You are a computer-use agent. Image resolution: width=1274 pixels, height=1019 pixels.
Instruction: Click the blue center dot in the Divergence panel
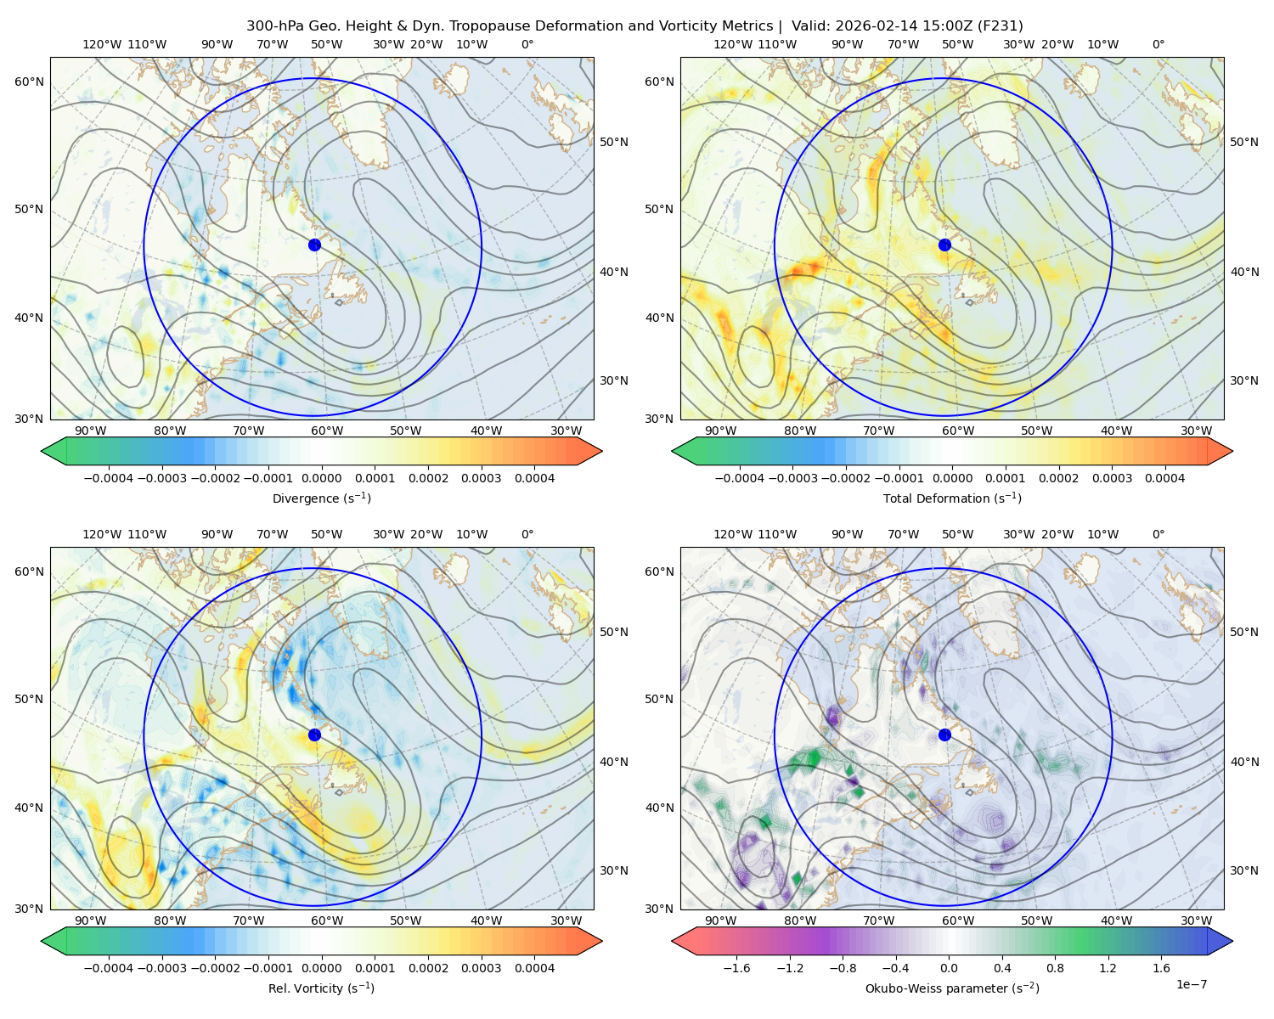pyautogui.click(x=314, y=245)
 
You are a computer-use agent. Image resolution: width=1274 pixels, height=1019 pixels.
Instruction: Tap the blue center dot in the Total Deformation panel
pyautogui.click(x=944, y=245)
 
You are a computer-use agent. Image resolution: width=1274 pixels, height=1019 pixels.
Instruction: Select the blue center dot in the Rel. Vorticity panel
pyautogui.click(x=314, y=735)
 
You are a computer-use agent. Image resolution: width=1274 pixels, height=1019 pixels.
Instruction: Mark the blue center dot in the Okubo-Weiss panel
pyautogui.click(x=944, y=735)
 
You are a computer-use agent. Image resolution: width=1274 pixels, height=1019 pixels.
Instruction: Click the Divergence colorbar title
pyautogui.click(x=321, y=498)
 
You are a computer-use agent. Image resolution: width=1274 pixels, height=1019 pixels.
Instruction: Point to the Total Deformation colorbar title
pyautogui.click(x=952, y=498)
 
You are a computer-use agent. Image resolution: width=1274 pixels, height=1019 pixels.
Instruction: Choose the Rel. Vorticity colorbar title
pyautogui.click(x=321, y=988)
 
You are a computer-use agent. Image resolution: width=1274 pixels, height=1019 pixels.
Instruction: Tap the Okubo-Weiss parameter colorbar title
pyautogui.click(x=952, y=988)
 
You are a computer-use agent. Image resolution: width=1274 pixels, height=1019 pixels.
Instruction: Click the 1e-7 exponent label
pyautogui.click(x=1192, y=984)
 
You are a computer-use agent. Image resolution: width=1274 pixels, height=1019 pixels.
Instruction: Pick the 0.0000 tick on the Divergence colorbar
pyautogui.click(x=322, y=478)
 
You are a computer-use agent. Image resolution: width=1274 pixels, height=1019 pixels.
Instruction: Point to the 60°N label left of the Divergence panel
pyautogui.click(x=29, y=82)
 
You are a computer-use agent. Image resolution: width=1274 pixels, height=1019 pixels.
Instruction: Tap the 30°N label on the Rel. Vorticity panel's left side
pyautogui.click(x=29, y=909)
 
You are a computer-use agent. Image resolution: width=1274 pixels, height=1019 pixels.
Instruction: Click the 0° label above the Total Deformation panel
pyautogui.click(x=1158, y=44)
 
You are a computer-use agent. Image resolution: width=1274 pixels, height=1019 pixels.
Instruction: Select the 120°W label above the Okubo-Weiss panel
pyautogui.click(x=732, y=534)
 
